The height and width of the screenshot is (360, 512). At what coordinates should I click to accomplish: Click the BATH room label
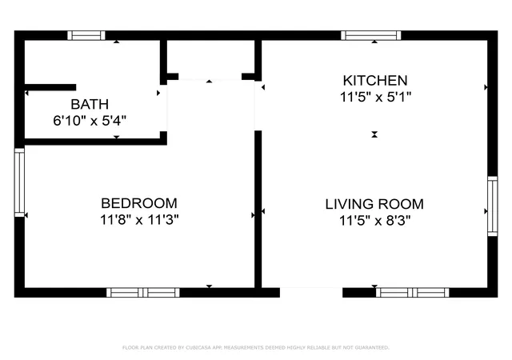90,104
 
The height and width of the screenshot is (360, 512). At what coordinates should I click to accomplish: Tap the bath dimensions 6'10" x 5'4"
90,121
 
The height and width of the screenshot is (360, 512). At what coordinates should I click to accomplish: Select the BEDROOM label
139,203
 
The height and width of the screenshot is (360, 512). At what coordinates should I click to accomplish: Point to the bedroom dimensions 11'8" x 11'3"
139,219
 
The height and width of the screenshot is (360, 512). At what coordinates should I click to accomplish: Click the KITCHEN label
375,80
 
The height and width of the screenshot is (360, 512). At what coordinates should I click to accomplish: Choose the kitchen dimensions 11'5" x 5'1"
375,97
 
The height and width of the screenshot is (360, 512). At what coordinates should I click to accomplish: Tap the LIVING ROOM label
374,204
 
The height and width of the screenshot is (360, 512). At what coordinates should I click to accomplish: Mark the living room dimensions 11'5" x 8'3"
374,221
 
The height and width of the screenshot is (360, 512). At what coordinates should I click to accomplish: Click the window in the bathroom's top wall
86,35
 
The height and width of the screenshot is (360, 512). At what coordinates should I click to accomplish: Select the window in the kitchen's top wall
371,35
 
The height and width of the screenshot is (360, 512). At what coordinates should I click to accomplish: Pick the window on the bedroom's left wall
19,182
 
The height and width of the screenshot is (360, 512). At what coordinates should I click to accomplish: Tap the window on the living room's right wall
493,206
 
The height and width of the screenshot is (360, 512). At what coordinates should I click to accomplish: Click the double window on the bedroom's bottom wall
143,293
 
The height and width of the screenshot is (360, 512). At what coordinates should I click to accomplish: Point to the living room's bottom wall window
413,293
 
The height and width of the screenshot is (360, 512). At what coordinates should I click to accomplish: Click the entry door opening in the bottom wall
311,292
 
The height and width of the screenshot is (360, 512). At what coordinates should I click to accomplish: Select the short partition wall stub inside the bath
50,87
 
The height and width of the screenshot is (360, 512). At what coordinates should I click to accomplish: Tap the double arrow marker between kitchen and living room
374,134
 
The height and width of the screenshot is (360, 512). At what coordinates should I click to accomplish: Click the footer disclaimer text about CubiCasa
256,347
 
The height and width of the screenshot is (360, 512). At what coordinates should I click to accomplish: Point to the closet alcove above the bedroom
210,60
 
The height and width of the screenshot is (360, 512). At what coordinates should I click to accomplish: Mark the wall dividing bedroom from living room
258,209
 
